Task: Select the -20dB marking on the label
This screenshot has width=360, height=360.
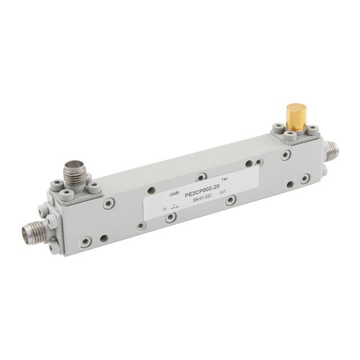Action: (x=174, y=195)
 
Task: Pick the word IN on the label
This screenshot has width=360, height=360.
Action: (x=165, y=209)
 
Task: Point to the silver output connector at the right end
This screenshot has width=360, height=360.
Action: (x=334, y=150)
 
